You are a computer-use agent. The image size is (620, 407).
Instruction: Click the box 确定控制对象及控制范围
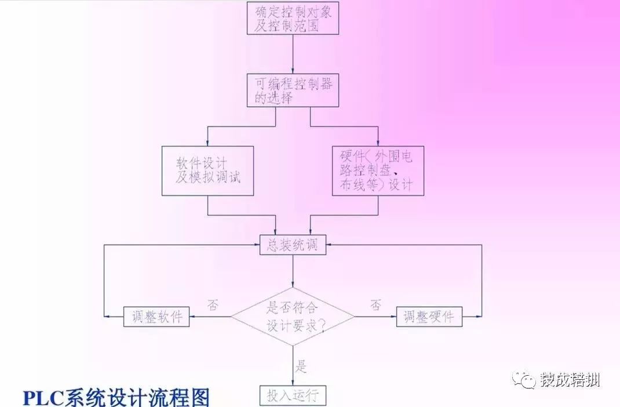[293, 17]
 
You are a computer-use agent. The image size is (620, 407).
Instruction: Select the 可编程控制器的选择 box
[293, 90]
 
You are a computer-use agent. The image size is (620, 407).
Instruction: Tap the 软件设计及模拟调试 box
[207, 170]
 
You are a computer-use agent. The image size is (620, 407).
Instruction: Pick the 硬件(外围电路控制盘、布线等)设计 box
[378, 170]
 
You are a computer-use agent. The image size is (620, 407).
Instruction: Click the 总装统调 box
[293, 245]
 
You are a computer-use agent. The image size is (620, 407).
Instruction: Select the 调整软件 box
[156, 317]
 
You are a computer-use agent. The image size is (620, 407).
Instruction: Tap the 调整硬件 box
[429, 317]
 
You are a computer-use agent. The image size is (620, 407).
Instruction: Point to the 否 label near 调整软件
[213, 306]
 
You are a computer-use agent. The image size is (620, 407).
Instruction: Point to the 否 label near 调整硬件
[375, 306]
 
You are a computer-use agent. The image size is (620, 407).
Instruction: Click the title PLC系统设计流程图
[116, 398]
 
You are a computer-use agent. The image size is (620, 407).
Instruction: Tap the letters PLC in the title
[44, 398]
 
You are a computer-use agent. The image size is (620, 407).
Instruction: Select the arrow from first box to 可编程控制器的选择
[293, 53]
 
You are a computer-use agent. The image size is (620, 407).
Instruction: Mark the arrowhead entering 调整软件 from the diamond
[194, 317]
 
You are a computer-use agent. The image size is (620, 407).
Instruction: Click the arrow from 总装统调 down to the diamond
[293, 271]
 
